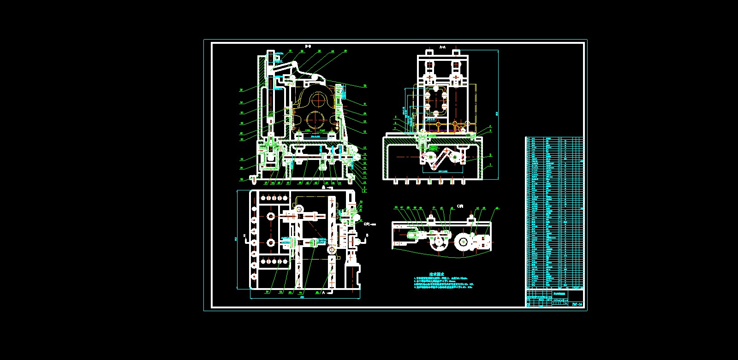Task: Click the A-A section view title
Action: [x=442, y=47]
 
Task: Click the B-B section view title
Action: [x=308, y=46]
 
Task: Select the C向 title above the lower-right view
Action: [x=460, y=206]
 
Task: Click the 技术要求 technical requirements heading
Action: [x=436, y=274]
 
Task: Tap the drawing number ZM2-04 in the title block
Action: [x=577, y=304]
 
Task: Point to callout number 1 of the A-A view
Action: [x=491, y=165]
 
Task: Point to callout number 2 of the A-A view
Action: [x=491, y=155]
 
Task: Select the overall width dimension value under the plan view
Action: [x=303, y=297]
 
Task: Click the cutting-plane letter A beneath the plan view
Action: [x=323, y=292]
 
